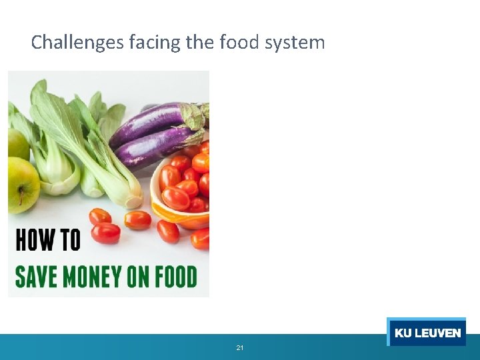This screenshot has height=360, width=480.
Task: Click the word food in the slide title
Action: [x=238, y=43]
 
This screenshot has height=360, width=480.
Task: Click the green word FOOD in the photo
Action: [x=178, y=277]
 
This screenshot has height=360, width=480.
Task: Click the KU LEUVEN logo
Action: [x=427, y=333]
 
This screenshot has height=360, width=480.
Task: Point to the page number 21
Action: [x=240, y=348]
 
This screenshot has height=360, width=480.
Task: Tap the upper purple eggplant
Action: [x=150, y=124]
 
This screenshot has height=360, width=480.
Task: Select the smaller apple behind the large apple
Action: [x=16, y=143]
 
